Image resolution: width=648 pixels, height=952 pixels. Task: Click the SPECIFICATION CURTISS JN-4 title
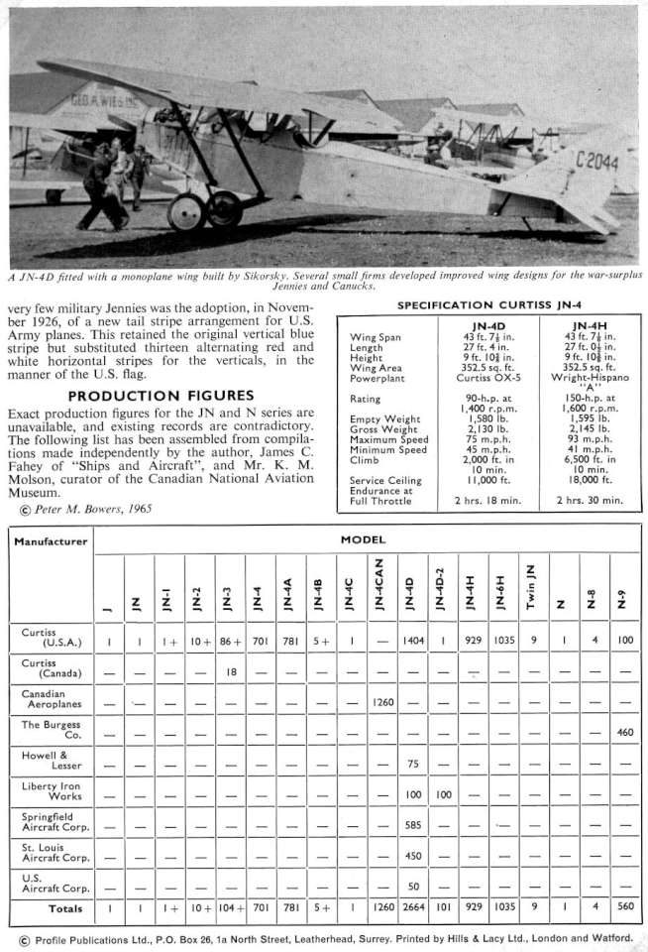489,304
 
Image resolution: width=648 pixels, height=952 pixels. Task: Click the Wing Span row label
376,336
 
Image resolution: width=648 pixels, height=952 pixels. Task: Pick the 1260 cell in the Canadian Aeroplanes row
383,702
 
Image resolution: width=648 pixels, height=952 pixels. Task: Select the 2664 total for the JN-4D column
414,907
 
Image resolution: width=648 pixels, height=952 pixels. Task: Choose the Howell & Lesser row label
42,760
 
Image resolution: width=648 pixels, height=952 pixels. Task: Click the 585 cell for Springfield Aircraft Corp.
414,823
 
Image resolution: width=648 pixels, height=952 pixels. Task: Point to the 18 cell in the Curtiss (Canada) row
231,671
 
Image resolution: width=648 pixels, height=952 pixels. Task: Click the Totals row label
65,907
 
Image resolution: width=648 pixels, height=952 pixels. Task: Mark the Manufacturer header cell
51,541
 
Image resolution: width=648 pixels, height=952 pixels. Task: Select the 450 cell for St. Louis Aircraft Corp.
414,856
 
